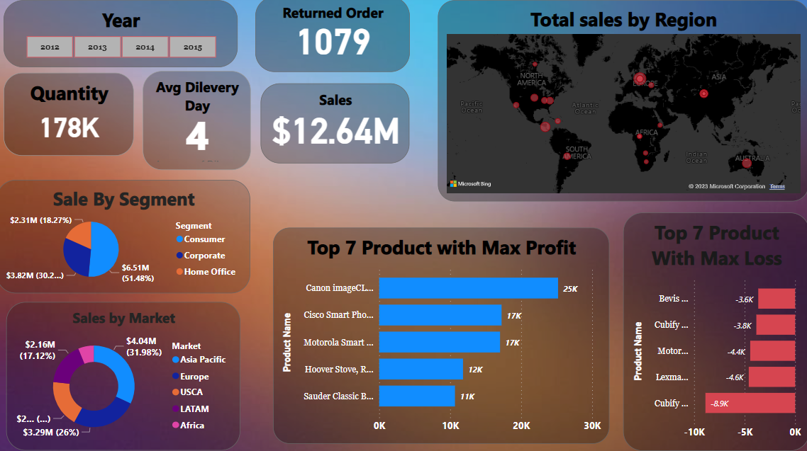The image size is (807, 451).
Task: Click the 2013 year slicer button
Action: click(x=98, y=47)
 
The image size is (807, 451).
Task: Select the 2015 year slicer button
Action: click(x=192, y=47)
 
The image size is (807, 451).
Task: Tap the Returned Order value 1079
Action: click(x=333, y=42)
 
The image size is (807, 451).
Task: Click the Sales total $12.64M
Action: click(x=335, y=130)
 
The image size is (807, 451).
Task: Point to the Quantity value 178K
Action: click(x=69, y=127)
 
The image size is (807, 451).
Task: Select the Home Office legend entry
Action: click(x=209, y=272)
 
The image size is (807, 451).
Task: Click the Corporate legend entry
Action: click(x=204, y=256)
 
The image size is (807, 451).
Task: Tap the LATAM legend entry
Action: click(x=194, y=409)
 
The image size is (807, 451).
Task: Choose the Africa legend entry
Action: click(x=191, y=426)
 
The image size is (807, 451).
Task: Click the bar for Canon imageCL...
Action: click(x=468, y=288)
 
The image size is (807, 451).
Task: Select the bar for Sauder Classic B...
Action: click(x=417, y=396)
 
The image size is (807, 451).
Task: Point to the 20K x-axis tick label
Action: click(x=521, y=426)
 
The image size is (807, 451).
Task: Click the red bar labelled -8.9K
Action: click(x=750, y=403)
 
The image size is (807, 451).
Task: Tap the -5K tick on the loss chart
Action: click(x=745, y=432)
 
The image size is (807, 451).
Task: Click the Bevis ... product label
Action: click(x=673, y=299)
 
